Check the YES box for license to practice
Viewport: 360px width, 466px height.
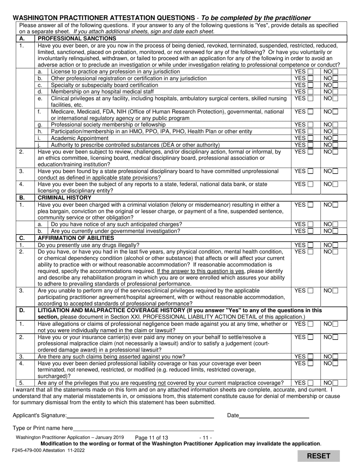click(310, 72)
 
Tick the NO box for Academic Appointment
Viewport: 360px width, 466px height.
click(335, 138)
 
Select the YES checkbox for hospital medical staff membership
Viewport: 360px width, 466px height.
click(310, 92)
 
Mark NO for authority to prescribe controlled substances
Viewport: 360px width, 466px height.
click(335, 145)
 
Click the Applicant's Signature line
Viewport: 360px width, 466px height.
click(140, 416)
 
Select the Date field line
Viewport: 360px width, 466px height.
click(274, 416)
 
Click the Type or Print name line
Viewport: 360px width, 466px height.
click(143, 428)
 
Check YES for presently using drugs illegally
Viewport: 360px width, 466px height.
click(310, 245)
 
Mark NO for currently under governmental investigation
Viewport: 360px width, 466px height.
click(335, 231)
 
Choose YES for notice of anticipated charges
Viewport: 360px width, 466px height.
click(310, 224)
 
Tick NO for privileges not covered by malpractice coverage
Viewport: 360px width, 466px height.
click(335, 383)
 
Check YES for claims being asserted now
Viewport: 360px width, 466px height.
click(310, 357)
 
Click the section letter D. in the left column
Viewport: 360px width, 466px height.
click(22, 310)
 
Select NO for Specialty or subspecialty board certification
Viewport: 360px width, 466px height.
click(335, 85)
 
